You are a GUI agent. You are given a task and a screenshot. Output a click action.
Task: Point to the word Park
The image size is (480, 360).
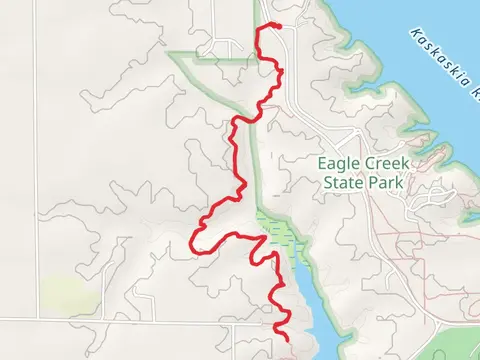[x=386, y=183]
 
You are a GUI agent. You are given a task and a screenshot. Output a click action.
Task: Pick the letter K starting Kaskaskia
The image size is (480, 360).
[x=413, y=31]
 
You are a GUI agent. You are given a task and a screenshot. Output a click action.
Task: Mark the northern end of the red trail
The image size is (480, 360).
[x=273, y=27]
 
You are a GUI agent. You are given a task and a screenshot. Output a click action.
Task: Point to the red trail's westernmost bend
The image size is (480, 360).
[x=192, y=240]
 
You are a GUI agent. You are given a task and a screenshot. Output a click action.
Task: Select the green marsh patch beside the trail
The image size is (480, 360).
[x=276, y=233]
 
